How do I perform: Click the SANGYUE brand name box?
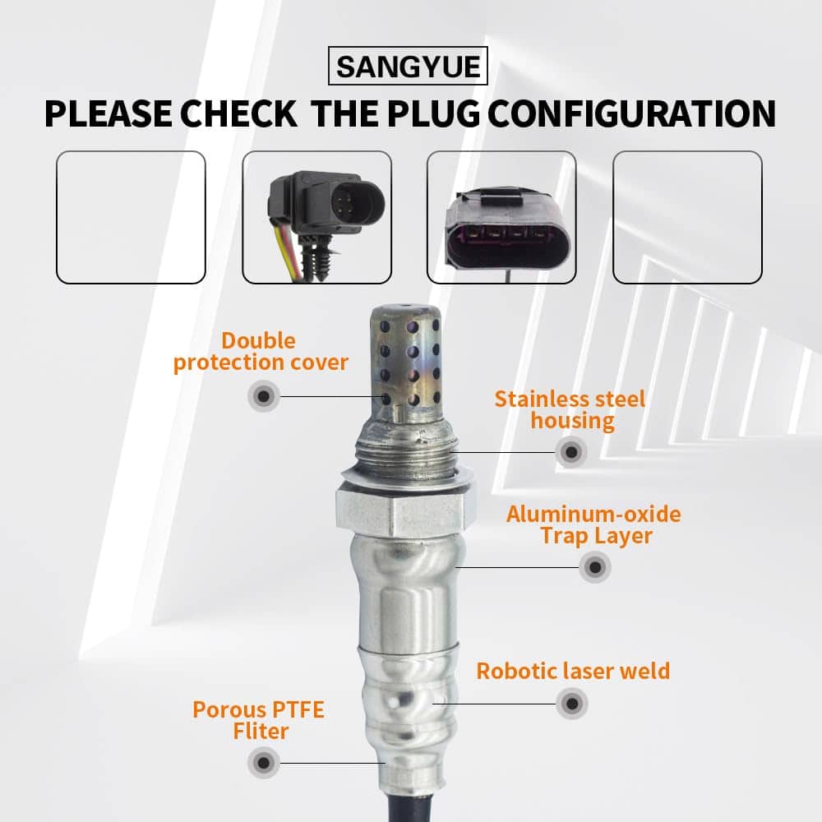pos(408,66)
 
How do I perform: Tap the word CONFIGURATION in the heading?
pos(631,113)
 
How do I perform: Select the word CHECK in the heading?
pos(239,113)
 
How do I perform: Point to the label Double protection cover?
pos(261,352)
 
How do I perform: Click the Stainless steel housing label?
pos(570,410)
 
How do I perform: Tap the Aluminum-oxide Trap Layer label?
pos(593,524)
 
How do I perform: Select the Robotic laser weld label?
pos(573,671)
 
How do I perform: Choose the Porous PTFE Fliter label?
pos(259,720)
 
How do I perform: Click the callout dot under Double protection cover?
pos(264,396)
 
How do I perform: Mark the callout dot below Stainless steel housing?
pos(571,451)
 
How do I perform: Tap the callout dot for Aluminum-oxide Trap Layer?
pos(595,566)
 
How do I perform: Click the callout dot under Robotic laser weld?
pos(572,704)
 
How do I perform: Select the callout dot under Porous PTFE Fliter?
pos(264,763)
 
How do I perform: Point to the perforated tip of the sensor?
pos(404,362)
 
